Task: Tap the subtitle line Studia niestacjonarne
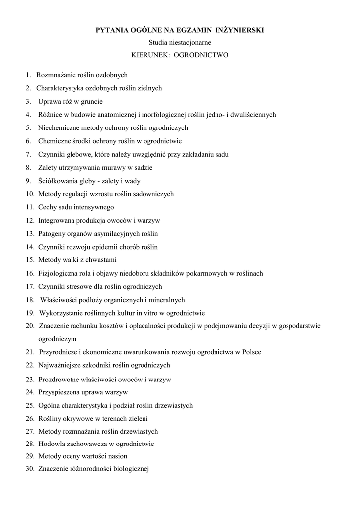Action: tap(180, 43)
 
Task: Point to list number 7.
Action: tap(28, 154)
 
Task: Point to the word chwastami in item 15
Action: tap(102, 260)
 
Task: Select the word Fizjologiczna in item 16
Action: tap(59, 273)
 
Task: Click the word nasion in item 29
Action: tap(117, 456)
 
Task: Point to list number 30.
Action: tap(29, 469)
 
